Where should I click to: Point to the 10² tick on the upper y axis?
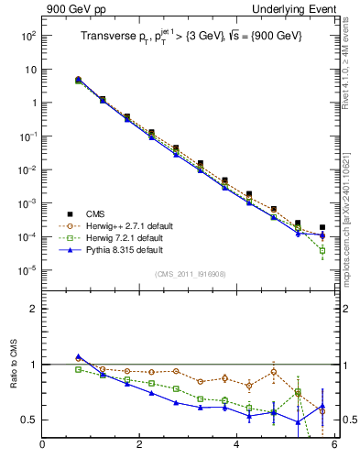click(27, 36)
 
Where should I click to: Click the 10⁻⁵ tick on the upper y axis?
click(27, 270)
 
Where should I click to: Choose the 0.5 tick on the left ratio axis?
click(29, 420)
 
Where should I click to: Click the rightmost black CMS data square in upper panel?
click(322, 227)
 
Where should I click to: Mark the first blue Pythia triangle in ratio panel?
click(79, 357)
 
